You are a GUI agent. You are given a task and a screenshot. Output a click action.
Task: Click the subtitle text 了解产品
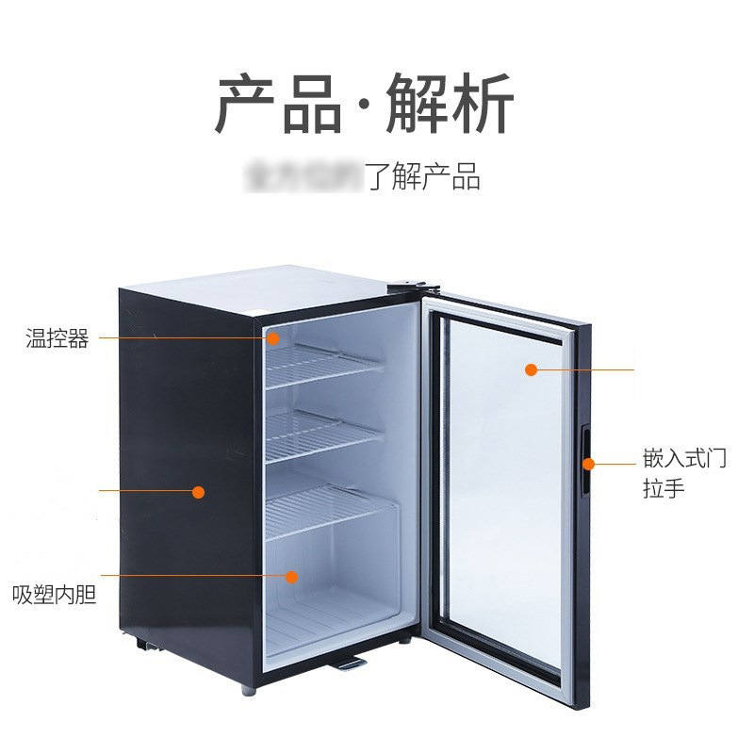coord(423,176)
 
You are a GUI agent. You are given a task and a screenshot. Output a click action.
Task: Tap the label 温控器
coord(57,339)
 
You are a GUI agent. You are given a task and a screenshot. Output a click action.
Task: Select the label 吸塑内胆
coord(54,596)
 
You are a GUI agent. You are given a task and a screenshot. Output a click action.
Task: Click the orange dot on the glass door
coord(531,369)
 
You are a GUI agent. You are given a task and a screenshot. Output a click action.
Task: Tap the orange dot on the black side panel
coord(199,491)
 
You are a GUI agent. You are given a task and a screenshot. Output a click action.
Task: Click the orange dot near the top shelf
coord(274,336)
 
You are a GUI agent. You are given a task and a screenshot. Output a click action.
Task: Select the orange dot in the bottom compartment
coord(292,575)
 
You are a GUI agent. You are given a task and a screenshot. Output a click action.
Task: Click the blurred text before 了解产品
coord(302,176)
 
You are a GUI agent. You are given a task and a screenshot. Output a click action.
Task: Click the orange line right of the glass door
coord(584,369)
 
